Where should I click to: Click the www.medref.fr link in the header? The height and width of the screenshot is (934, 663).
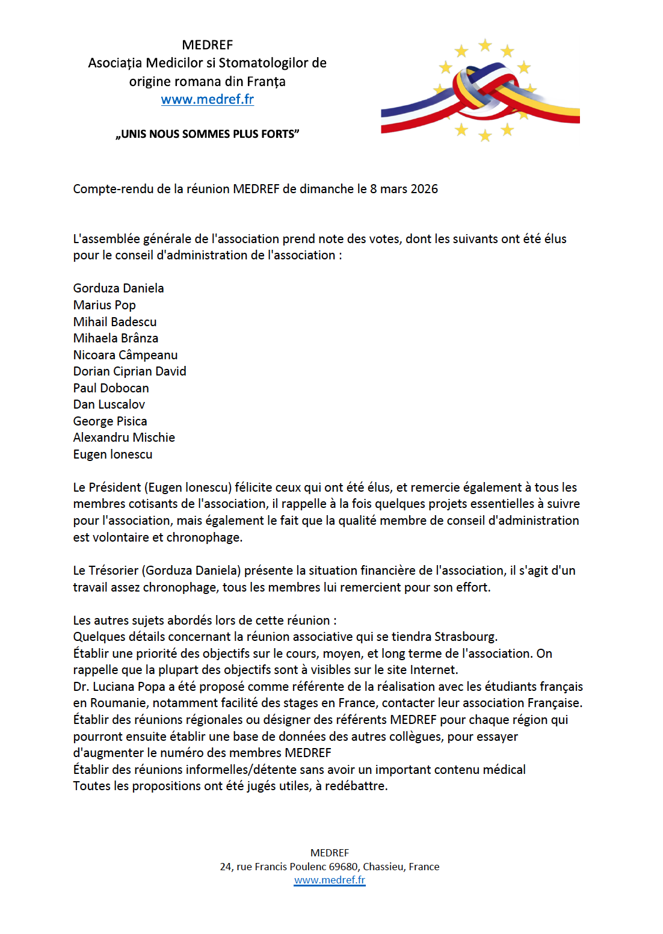[207, 99]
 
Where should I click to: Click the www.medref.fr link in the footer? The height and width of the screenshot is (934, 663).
[330, 880]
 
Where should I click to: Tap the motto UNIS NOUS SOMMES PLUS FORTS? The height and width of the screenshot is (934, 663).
[208, 134]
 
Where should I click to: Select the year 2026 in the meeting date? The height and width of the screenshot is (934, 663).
[424, 189]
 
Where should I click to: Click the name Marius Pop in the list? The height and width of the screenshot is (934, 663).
[105, 305]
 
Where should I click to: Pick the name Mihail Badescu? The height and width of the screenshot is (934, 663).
[115, 322]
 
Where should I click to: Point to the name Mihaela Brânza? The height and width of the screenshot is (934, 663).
[116, 338]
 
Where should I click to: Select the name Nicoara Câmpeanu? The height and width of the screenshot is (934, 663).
[125, 355]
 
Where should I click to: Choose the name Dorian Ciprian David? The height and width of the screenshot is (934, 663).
[129, 371]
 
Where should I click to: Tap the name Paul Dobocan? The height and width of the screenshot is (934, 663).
[111, 388]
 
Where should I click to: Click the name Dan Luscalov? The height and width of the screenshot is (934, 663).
[109, 404]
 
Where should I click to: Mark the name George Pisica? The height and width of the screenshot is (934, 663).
[110, 421]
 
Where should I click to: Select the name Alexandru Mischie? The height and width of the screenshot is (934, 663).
[124, 438]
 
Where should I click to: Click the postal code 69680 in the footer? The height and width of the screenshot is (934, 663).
[343, 867]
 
